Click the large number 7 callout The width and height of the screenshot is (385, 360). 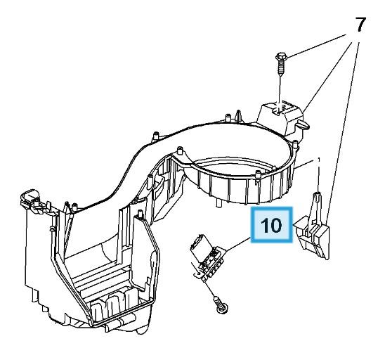click(x=360, y=25)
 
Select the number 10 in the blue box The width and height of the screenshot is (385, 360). click(x=271, y=225)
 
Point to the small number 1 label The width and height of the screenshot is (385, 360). click(x=319, y=160)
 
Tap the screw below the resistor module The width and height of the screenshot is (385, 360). click(x=221, y=304)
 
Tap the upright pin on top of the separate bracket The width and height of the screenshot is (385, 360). click(x=317, y=197)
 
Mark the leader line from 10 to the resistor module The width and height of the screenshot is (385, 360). click(x=237, y=244)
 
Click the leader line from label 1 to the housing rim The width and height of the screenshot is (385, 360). click(x=304, y=164)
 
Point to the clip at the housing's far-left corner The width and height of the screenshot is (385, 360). click(x=30, y=198)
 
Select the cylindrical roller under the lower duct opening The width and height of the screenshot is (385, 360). click(x=120, y=323)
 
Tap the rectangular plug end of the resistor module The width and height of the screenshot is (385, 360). click(x=199, y=243)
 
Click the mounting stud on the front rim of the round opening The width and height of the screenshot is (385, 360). click(x=258, y=174)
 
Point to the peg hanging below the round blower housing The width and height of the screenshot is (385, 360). click(x=218, y=203)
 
